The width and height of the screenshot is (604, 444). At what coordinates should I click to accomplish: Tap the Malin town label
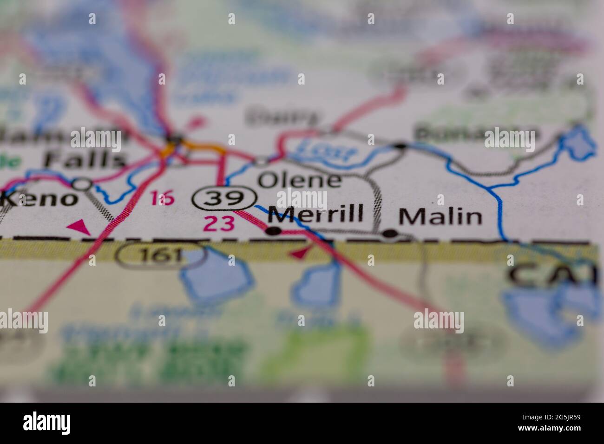[x=440, y=216]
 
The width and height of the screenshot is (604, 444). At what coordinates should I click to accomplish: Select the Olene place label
[x=299, y=180]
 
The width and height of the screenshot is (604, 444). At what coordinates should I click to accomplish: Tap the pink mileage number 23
[x=219, y=224]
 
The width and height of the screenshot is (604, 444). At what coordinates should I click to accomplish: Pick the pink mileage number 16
[x=163, y=198]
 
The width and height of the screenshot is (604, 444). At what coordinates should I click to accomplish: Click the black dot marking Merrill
[x=275, y=230]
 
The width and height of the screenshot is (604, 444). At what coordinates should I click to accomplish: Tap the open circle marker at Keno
[x=84, y=184]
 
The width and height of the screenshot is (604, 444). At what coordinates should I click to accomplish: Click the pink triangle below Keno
[x=79, y=227]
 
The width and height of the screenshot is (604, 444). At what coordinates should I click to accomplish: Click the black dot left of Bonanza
[x=400, y=146]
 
